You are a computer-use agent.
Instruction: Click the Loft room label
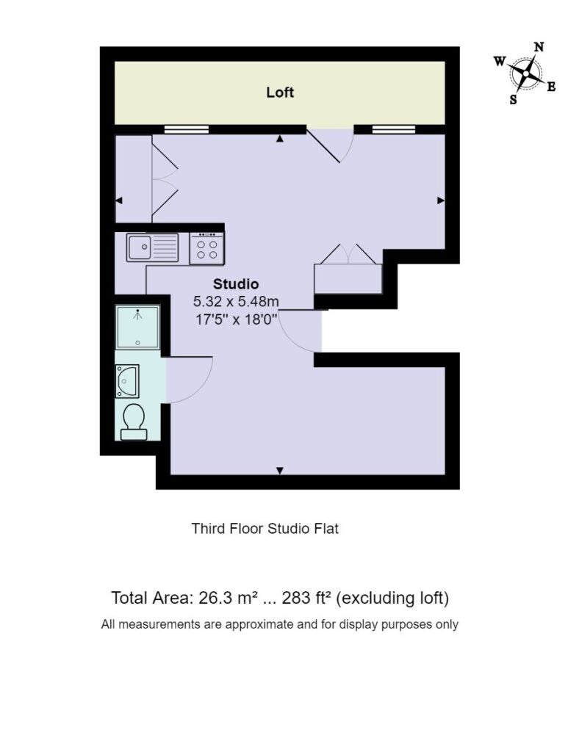[280, 92]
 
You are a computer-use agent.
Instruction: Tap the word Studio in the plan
[236, 284]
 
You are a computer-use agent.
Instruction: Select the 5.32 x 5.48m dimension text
[236, 302]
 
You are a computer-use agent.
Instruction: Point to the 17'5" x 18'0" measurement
[237, 319]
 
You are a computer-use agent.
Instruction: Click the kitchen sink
[153, 247]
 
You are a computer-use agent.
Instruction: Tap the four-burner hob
[206, 248]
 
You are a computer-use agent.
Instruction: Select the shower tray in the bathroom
[137, 327]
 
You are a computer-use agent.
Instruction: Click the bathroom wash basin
[127, 381]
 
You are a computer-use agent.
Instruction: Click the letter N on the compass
[539, 47]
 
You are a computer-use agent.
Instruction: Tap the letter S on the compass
[514, 100]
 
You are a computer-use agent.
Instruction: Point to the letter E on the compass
[551, 87]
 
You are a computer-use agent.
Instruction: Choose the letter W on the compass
[500, 61]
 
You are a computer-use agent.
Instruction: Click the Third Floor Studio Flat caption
[265, 529]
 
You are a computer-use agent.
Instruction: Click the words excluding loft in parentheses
[392, 599]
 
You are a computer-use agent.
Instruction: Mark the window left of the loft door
[186, 129]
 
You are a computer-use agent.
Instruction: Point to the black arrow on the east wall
[441, 200]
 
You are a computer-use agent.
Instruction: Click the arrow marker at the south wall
[280, 471]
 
